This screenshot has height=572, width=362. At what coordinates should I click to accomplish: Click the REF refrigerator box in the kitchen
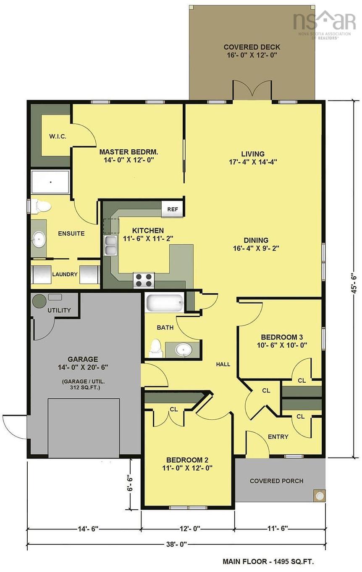pos(172,209)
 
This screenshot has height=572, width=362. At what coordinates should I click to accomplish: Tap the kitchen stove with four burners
pos(144,280)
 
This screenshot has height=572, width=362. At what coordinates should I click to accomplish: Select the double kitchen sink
pos(111,245)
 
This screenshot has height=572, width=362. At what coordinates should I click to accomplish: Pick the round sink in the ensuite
pos(39,239)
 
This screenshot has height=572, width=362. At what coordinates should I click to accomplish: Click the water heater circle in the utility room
pos(39,301)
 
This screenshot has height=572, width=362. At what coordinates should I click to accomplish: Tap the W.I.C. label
pos(58,136)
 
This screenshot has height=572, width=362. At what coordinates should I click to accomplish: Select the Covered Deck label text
pos(252,51)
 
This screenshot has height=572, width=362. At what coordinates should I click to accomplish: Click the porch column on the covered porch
pos(320,496)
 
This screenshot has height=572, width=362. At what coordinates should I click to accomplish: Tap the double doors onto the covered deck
pos(252,91)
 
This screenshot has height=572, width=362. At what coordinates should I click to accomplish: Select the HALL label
pos(223,364)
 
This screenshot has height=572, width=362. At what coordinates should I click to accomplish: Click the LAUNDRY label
pos(65,274)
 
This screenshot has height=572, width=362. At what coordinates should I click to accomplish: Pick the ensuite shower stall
pos(50,182)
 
